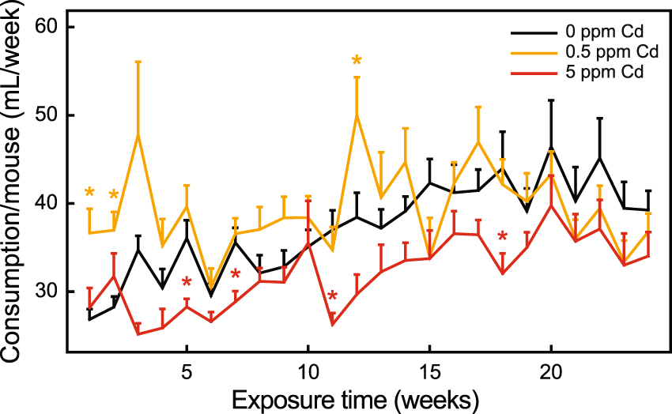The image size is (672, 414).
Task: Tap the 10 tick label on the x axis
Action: tap(308, 371)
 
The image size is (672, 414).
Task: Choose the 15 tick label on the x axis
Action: tap(429, 371)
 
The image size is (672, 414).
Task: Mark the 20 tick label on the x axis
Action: tap(550, 371)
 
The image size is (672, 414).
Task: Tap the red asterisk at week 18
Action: tap(502, 237)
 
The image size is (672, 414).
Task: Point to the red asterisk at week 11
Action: tap(332, 297)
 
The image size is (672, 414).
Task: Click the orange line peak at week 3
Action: tap(138, 134)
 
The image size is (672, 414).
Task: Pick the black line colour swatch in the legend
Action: tap(529, 33)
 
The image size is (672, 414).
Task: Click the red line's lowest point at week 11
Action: tap(332, 325)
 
